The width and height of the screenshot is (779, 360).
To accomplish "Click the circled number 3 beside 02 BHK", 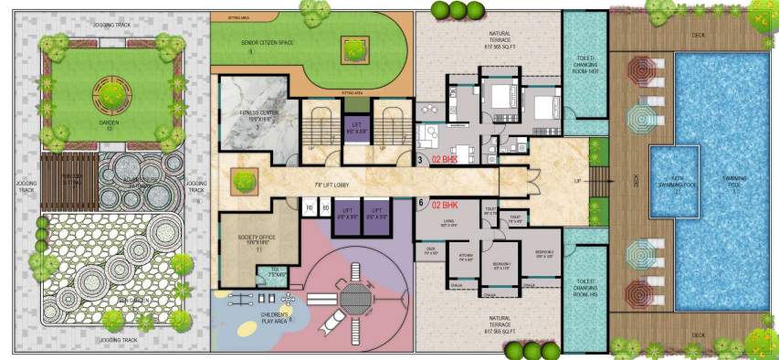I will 420,161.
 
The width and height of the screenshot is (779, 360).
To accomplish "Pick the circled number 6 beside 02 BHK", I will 420,204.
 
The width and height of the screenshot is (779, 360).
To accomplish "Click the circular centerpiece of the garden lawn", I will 110,91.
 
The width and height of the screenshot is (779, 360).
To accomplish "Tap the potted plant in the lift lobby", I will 243,180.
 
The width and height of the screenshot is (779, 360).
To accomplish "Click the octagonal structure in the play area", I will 352,298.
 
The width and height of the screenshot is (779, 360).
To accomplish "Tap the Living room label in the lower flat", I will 450,222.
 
